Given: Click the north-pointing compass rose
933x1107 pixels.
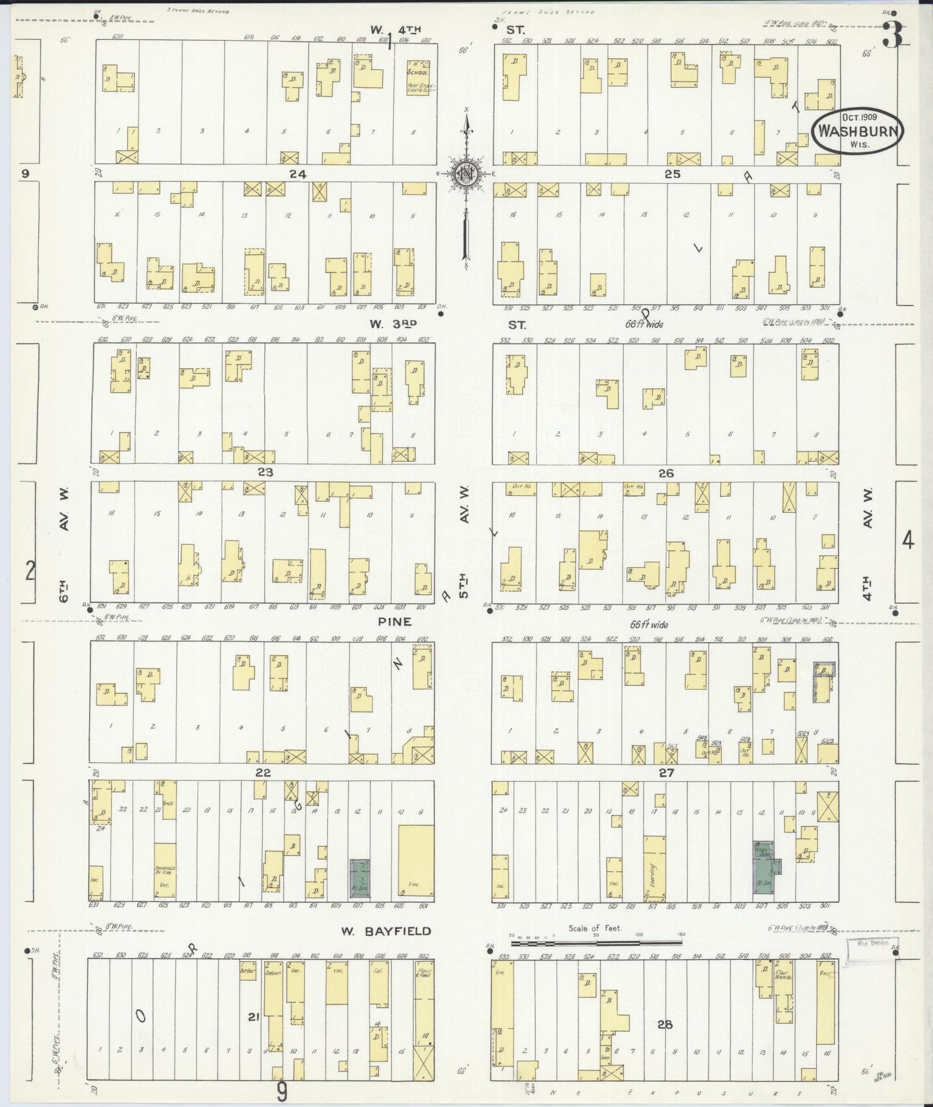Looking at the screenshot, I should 464,173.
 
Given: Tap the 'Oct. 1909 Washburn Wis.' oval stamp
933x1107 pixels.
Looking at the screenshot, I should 856,130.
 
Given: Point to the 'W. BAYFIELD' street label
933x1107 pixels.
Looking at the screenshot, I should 386,931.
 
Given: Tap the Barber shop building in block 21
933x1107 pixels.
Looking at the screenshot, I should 249,971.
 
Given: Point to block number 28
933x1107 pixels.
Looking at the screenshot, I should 666,1024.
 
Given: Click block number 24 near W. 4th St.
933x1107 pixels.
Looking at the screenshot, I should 298,174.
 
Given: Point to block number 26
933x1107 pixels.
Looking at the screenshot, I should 666,473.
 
